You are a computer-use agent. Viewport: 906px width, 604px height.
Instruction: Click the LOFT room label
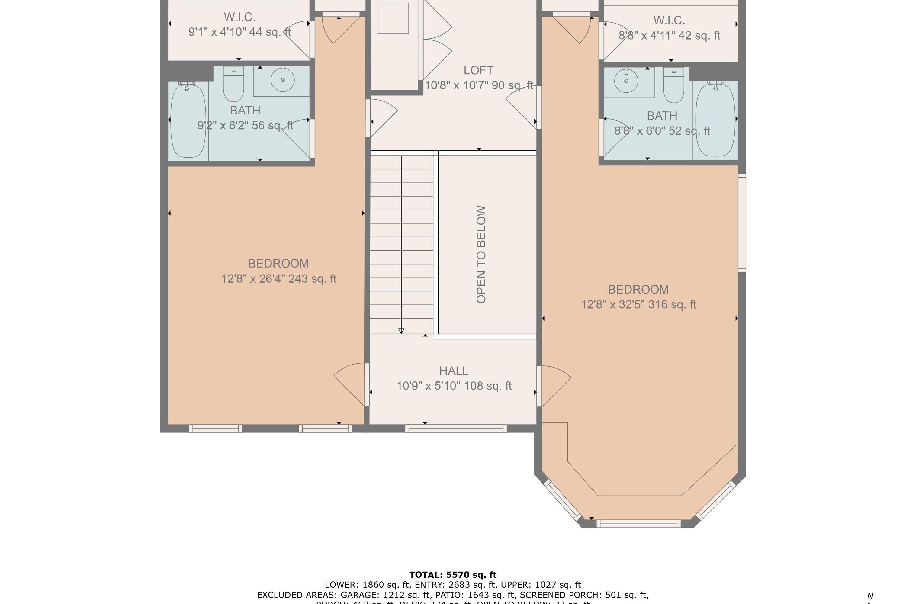coord(478,70)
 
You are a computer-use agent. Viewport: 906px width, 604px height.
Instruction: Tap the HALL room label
coord(454,371)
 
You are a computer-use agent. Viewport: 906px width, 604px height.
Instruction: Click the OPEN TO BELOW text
coord(481,255)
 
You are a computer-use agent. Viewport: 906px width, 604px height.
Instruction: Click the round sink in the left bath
coord(282,80)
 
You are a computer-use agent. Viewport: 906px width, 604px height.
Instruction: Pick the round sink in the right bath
coord(626,81)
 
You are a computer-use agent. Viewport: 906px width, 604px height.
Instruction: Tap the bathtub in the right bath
coord(715,120)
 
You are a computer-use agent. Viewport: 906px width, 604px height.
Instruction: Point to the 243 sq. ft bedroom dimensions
coord(278,279)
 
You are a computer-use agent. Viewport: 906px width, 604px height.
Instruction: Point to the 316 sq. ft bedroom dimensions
coord(638,305)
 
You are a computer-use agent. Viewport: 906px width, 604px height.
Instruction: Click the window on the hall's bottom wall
coord(456,428)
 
